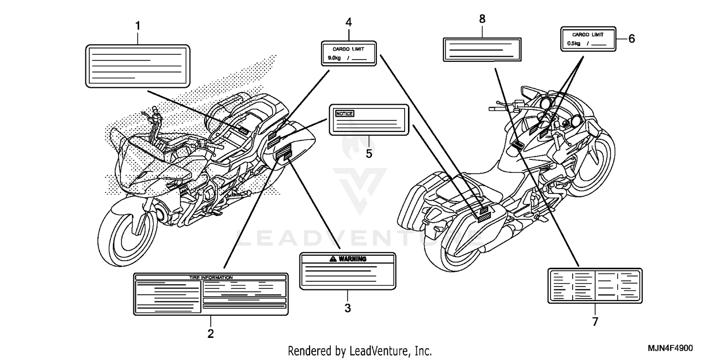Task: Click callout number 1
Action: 138,25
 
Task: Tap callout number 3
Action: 348,308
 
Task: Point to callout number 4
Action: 348,22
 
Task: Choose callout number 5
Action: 369,154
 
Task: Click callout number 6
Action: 631,39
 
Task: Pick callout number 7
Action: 595,322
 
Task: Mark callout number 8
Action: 482,19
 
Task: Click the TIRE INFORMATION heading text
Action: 210,277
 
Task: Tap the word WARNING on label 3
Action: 352,259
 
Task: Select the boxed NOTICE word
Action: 344,113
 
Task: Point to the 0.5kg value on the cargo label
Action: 574,44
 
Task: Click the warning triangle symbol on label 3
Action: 333,259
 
